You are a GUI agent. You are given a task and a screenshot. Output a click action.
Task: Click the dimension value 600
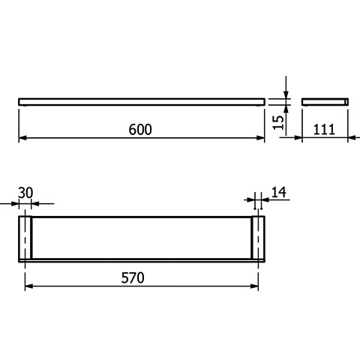(140, 130)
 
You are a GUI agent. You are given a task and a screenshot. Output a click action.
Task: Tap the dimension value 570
(133, 277)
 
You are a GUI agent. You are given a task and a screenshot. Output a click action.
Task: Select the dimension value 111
(324, 130)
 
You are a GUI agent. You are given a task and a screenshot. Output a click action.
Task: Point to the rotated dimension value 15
(279, 122)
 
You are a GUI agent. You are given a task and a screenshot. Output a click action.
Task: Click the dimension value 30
(25, 193)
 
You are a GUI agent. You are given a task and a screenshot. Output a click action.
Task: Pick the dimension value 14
(278, 192)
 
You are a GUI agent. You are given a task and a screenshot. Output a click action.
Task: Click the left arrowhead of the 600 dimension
(22, 138)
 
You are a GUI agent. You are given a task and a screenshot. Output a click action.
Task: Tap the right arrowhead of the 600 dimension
(261, 138)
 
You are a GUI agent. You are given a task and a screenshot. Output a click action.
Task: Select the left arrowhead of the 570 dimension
(29, 286)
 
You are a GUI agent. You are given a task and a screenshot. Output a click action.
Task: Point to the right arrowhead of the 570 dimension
(254, 286)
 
